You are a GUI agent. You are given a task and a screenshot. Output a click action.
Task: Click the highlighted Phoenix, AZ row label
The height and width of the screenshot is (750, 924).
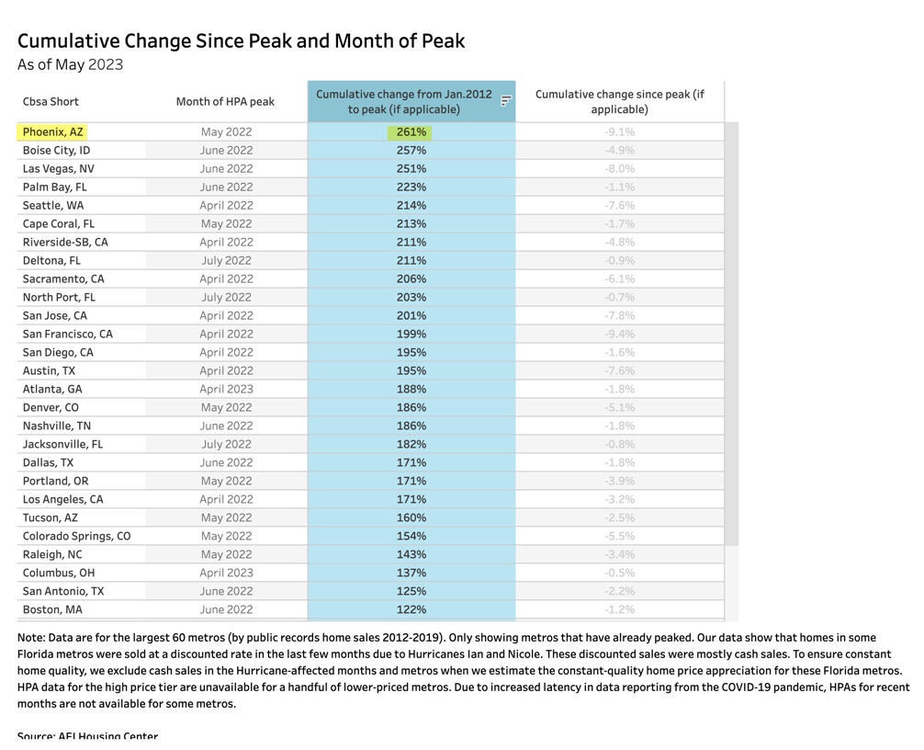pos(52,132)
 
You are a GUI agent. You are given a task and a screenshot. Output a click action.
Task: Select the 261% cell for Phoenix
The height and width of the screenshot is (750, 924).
pos(411,132)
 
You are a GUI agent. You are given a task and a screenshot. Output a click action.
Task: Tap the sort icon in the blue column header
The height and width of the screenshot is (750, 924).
pos(505,101)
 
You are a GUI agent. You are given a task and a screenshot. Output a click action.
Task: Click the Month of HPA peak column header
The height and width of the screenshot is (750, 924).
pos(225,102)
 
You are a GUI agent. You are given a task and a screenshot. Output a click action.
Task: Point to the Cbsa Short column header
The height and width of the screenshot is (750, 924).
pos(51,102)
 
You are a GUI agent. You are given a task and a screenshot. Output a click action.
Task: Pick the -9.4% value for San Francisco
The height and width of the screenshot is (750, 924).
pos(619,335)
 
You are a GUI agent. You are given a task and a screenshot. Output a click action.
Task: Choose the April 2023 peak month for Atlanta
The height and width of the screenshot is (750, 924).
pos(226,390)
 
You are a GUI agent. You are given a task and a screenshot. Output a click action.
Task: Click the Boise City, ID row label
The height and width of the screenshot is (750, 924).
pos(56,151)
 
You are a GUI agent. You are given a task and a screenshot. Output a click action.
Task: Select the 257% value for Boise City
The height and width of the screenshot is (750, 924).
pos(411,151)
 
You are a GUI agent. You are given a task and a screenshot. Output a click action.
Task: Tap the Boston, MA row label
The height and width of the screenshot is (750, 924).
pos(52,610)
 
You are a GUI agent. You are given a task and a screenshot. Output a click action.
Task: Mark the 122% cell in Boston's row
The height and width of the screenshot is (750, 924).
pos(411,610)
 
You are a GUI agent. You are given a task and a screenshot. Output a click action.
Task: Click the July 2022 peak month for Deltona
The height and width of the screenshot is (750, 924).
pos(226,261)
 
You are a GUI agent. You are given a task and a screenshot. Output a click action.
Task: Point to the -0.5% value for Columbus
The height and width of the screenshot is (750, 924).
pos(619,574)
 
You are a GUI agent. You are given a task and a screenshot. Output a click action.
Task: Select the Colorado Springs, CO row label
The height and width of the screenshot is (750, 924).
pos(76,537)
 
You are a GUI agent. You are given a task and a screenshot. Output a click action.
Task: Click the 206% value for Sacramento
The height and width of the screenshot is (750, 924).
pos(411,279)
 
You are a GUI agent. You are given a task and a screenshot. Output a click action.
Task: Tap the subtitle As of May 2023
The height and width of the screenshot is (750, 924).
pos(70,65)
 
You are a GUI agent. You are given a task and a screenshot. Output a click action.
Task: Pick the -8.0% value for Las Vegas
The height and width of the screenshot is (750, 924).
pos(619,169)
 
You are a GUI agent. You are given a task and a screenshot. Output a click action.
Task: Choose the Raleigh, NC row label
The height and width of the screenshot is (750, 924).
pos(52,555)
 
